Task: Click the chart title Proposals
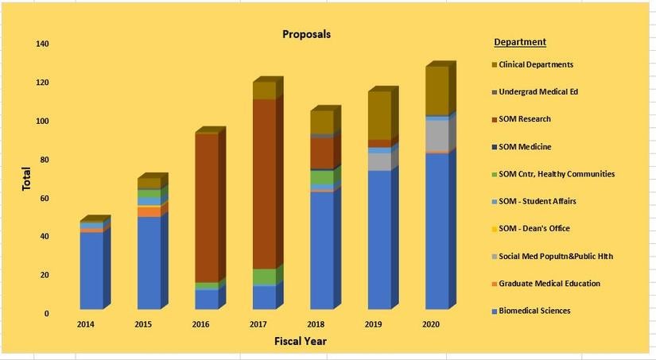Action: point(306,34)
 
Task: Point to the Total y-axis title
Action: point(26,178)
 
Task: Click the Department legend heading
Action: point(519,42)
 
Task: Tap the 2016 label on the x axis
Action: point(201,324)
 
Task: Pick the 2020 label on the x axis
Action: point(430,324)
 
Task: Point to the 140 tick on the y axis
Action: point(41,45)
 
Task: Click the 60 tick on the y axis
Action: point(44,198)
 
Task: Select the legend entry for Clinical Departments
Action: point(535,64)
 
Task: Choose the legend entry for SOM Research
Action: point(524,119)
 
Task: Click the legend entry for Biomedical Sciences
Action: point(534,311)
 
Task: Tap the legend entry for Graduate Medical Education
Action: point(549,283)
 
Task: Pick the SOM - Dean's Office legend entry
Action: point(534,229)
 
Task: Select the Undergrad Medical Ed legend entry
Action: point(538,91)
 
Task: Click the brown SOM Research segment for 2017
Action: point(264,183)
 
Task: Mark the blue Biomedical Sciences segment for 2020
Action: point(437,230)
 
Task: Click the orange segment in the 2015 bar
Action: point(149,211)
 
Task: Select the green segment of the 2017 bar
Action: point(264,277)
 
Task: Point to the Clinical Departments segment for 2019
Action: point(378,115)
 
